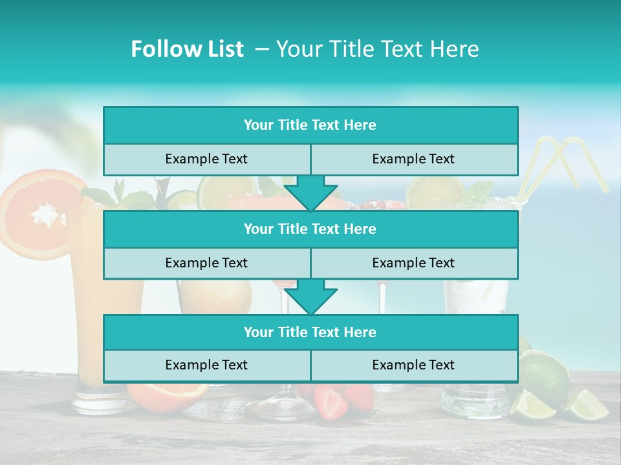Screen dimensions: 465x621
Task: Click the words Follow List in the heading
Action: click(187, 49)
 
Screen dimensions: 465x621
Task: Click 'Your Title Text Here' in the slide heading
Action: click(377, 49)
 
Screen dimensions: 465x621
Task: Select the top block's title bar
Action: click(310, 125)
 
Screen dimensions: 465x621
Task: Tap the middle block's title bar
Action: click(310, 229)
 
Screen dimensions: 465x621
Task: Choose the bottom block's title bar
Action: click(310, 332)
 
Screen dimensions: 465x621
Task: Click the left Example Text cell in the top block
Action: click(206, 159)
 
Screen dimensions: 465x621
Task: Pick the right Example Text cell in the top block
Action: click(413, 159)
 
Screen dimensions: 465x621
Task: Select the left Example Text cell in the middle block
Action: click(206, 263)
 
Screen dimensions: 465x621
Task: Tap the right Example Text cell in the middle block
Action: click(413, 263)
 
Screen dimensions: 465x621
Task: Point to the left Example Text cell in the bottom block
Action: click(206, 365)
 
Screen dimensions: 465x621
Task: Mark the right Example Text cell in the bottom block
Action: click(413, 365)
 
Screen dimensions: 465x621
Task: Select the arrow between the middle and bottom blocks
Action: click(310, 296)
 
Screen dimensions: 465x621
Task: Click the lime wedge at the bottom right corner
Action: click(589, 405)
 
